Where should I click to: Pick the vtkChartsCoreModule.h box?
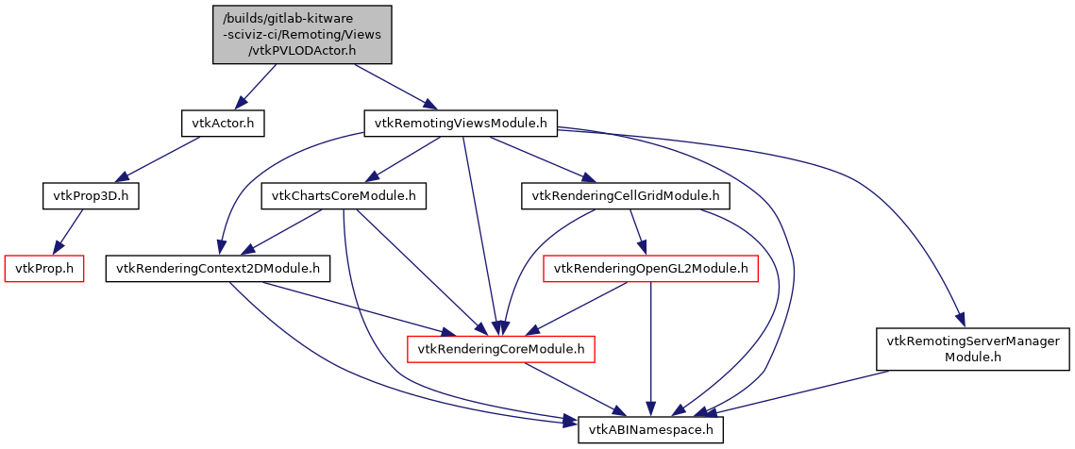coord(344,196)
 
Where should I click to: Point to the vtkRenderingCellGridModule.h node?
coord(626,196)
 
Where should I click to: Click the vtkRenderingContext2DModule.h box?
coord(217,269)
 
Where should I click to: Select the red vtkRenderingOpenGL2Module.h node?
coord(650,269)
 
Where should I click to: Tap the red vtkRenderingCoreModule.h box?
coord(500,350)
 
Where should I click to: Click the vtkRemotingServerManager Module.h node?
coord(973,350)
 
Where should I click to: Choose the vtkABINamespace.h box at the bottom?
coord(650,430)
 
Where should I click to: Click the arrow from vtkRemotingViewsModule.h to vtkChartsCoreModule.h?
coord(403,159)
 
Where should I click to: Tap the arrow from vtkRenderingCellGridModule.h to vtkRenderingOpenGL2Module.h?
coord(636,232)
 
